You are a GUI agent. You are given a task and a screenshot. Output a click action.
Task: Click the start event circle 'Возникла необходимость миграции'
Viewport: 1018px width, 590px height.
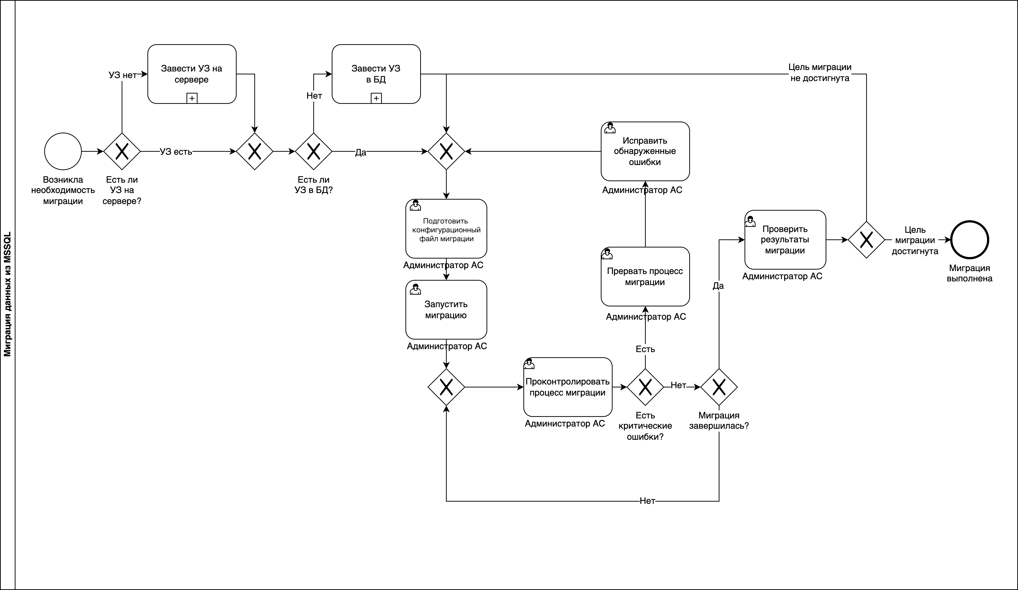coord(63,151)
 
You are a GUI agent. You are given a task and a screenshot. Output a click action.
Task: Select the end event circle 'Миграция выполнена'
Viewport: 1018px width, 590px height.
coord(970,240)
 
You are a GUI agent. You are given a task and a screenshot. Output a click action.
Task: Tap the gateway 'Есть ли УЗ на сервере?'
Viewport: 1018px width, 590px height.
coord(122,151)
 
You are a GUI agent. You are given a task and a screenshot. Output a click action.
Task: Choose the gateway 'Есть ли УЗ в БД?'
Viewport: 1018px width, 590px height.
coord(314,151)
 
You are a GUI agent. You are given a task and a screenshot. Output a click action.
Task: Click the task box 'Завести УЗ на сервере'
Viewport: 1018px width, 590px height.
coord(192,74)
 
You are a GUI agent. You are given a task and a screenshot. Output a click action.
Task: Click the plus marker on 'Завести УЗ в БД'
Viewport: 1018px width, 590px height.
coord(376,98)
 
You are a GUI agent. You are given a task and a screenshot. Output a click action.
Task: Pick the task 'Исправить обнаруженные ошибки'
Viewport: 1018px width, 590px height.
coord(645,151)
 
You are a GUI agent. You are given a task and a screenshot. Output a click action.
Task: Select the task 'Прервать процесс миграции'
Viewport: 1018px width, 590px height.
coord(645,276)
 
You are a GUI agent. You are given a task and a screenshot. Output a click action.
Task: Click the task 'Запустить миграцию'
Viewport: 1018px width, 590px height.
coord(446,310)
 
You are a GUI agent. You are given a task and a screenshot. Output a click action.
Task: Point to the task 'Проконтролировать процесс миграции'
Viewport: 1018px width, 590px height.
coord(568,387)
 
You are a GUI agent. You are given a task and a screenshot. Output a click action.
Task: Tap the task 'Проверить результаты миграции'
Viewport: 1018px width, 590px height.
coord(785,240)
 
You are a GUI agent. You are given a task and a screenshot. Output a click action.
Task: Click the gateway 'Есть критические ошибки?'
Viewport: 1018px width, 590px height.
coord(645,387)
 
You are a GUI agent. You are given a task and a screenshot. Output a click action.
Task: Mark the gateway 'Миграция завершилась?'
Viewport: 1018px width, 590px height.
coord(719,387)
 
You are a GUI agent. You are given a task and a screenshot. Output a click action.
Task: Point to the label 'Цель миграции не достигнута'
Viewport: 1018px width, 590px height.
coord(820,73)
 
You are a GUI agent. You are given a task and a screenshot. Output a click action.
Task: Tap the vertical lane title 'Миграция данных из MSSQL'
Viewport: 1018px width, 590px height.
coord(7,295)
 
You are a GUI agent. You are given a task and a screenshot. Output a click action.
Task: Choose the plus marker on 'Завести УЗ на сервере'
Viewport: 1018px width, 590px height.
coord(192,98)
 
